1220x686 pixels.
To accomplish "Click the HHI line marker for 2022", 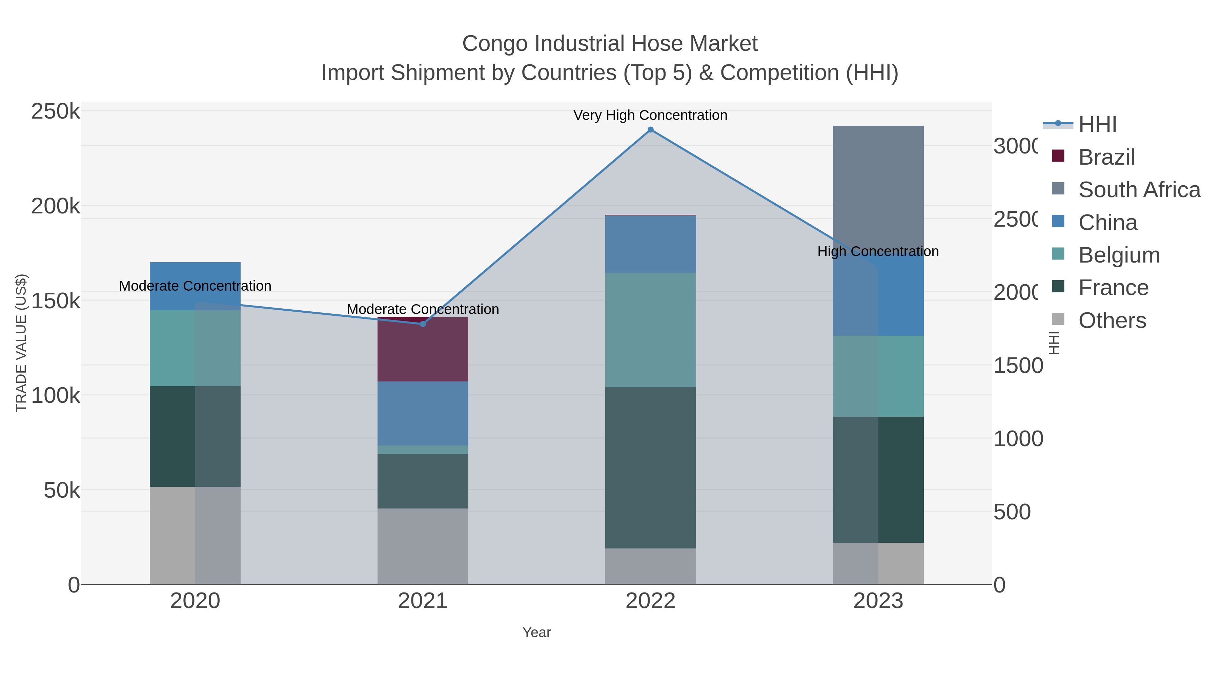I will click(x=650, y=130).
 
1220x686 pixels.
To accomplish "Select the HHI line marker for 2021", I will click(x=423, y=324).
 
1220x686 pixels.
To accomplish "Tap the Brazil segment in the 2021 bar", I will click(x=423, y=350).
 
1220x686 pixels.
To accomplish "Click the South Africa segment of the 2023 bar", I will click(x=878, y=185).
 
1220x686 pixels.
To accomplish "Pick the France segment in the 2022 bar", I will click(x=650, y=467).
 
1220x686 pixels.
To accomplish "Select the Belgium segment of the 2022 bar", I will click(x=650, y=330).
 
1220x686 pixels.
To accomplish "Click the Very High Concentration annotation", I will click(x=650, y=115).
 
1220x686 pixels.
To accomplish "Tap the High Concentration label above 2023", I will click(x=878, y=251).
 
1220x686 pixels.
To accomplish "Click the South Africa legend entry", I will click(x=1139, y=190).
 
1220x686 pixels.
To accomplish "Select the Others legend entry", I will click(x=1112, y=320).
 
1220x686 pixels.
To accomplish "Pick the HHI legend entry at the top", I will click(x=1097, y=125).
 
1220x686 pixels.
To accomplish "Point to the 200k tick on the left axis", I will click(x=56, y=206).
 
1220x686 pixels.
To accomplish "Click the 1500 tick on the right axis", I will click(x=1017, y=366).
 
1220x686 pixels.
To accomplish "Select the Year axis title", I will click(x=536, y=632).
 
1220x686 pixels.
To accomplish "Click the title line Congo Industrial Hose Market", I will click(x=610, y=44).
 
